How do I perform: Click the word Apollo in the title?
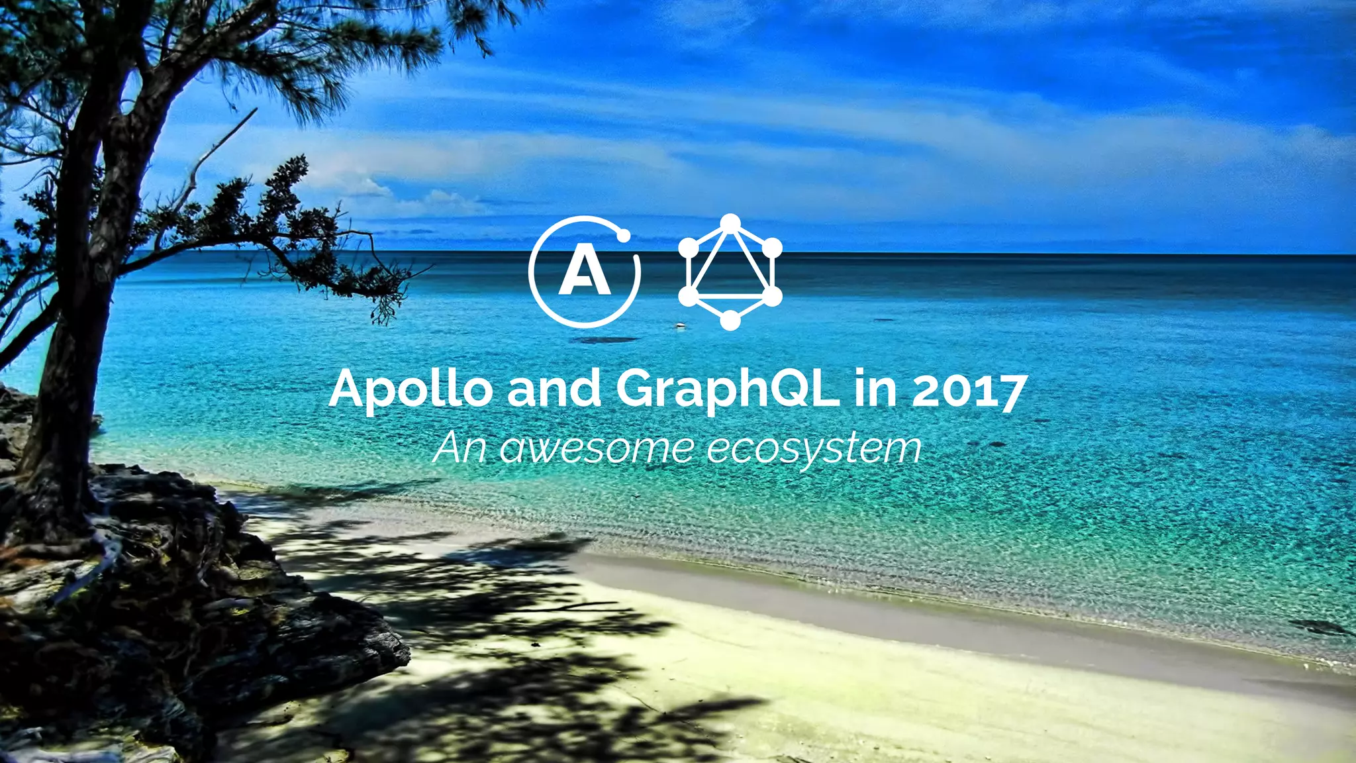pos(410,389)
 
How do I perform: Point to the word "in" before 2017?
pos(875,389)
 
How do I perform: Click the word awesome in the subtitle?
pos(597,448)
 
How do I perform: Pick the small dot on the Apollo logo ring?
pos(623,235)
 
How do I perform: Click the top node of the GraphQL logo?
pos(730,224)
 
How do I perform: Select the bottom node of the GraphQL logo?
pos(730,321)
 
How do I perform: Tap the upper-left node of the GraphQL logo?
pos(689,248)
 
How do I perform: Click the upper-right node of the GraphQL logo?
pos(772,248)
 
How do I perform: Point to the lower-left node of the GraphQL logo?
pos(689,296)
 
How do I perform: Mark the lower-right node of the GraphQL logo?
pos(772,296)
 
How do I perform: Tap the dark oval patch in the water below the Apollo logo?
pos(604,340)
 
